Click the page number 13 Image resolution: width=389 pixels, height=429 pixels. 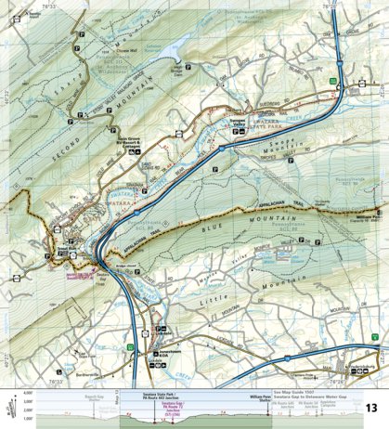click(370, 408)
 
